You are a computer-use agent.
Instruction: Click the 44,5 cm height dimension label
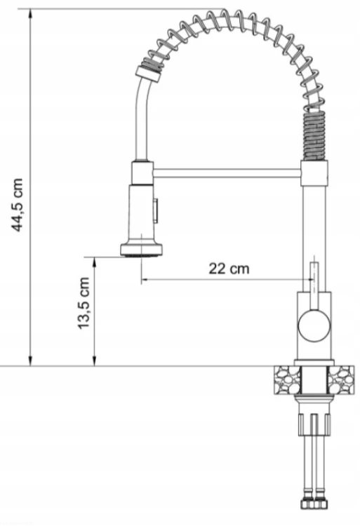(x=17, y=205)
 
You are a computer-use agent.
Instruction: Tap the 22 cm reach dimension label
(x=229, y=269)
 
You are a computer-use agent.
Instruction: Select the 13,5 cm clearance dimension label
(x=84, y=303)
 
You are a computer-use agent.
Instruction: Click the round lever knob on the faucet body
(x=314, y=325)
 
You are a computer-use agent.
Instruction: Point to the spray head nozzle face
(x=142, y=255)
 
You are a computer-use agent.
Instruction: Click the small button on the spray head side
(x=156, y=210)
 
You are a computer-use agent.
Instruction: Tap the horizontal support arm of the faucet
(x=227, y=173)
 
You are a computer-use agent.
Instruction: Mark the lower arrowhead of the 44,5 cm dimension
(x=31, y=360)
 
